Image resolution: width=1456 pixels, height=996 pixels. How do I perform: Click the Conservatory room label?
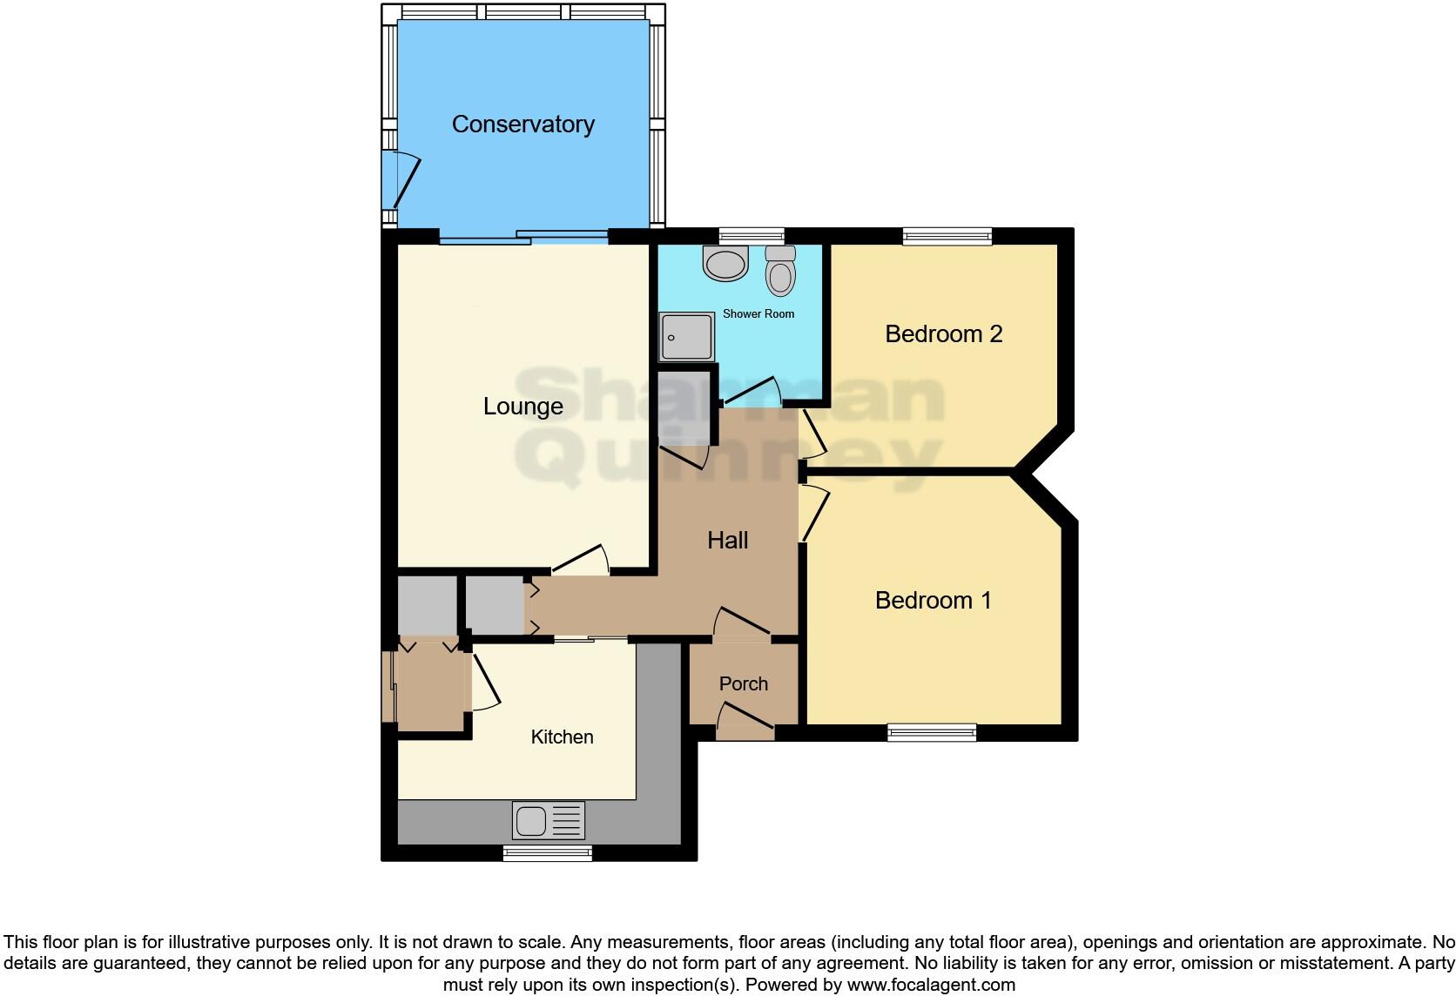522,124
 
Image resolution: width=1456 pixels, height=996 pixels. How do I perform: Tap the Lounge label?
522,407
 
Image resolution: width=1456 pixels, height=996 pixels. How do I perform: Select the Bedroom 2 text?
943,334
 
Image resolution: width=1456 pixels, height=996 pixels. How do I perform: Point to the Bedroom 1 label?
933,601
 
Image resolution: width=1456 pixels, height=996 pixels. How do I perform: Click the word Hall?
727,541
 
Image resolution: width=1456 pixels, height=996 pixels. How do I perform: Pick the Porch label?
743,684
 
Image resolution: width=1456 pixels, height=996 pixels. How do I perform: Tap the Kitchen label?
562,737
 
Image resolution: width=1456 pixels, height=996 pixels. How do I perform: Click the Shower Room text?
758,314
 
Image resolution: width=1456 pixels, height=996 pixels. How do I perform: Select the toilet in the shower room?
780,271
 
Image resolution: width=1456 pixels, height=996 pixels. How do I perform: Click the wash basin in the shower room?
725,263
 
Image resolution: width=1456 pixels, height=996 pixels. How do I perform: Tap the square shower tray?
687,337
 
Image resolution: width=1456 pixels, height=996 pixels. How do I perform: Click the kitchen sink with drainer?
549,821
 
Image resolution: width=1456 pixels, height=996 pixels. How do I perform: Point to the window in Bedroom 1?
931,733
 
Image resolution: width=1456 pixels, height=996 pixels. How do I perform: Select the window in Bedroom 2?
947,236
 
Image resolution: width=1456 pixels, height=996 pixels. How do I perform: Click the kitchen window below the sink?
547,853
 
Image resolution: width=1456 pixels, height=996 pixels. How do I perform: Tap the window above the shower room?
751,236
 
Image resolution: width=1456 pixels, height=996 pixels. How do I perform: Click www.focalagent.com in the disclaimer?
930,986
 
